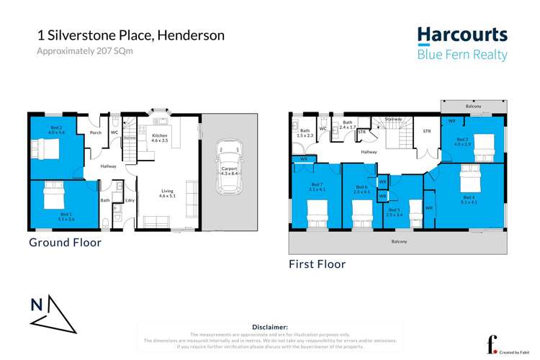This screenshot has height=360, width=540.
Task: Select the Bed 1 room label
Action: [66, 215]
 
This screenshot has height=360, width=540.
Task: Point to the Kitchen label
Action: [159, 135]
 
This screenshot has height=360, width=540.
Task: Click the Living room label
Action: [166, 191]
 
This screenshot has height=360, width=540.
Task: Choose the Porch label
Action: [95, 132]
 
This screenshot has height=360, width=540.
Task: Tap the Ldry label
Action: [130, 201]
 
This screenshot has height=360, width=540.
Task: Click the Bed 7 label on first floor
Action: [316, 185]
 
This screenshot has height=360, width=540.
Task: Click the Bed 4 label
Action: [468, 197]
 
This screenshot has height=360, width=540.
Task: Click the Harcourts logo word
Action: [462, 35]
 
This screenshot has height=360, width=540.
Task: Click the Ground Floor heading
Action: [65, 242]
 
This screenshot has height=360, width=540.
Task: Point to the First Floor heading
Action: [317, 264]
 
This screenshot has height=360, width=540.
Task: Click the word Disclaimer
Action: [270, 326]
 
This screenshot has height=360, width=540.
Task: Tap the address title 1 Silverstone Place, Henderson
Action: [130, 35]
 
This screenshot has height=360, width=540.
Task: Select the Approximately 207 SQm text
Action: [85, 51]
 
